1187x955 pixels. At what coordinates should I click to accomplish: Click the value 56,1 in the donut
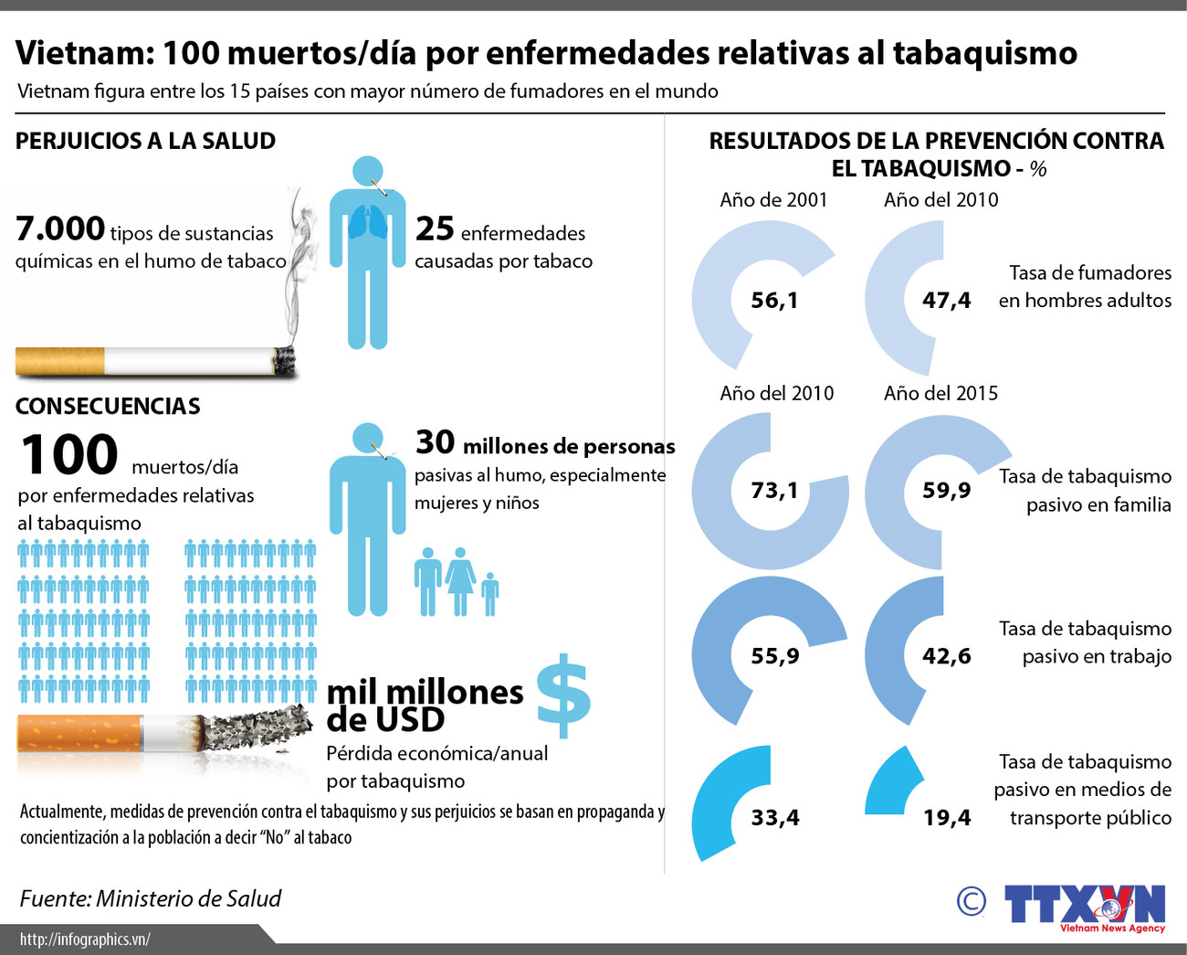click(x=774, y=300)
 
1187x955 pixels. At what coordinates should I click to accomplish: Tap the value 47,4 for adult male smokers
click(x=947, y=300)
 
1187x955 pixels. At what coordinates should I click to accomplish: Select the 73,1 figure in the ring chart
click(x=774, y=491)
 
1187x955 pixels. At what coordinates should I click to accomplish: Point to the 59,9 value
click(x=947, y=491)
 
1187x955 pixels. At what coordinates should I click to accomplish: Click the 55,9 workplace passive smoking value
click(x=774, y=656)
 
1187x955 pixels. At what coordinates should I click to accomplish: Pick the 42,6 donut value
click(x=947, y=656)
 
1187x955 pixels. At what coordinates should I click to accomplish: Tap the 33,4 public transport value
click(x=775, y=818)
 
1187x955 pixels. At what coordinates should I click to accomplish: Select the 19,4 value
click(x=947, y=818)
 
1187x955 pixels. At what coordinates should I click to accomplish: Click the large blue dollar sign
click(x=563, y=695)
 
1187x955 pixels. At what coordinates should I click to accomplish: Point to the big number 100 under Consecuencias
click(x=69, y=455)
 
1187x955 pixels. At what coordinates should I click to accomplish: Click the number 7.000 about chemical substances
click(x=60, y=228)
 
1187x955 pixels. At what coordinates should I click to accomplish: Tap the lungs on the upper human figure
click(x=367, y=223)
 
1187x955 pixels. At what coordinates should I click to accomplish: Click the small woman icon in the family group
click(x=460, y=580)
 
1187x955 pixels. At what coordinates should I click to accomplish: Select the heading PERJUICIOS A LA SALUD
click(x=145, y=141)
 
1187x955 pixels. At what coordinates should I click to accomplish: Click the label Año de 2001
click(x=773, y=200)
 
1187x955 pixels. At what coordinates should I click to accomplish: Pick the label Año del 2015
click(x=940, y=394)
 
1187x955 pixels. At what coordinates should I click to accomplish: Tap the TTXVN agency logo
click(x=1085, y=906)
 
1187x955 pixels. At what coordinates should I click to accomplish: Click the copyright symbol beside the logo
click(x=971, y=902)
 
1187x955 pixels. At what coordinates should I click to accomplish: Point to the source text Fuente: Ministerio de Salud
click(x=151, y=899)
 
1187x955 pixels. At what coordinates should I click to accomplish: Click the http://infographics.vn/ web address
click(x=85, y=939)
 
